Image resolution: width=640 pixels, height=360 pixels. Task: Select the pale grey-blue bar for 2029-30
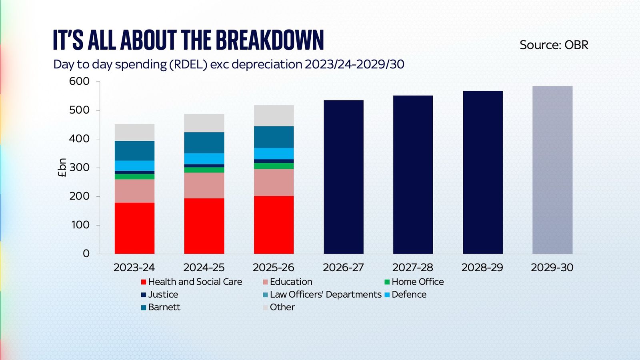pyautogui.click(x=552, y=170)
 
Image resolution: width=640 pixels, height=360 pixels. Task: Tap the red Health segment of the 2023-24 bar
pyautogui.click(x=134, y=228)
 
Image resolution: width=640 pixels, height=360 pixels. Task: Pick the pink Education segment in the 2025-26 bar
pyautogui.click(x=274, y=182)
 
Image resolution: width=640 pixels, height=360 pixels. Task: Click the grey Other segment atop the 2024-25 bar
pyautogui.click(x=204, y=123)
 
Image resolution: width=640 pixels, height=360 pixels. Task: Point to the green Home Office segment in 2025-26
pyautogui.click(x=274, y=166)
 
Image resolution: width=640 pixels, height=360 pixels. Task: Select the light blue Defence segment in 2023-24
pyautogui.click(x=134, y=166)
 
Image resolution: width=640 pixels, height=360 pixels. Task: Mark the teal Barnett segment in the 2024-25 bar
pyautogui.click(x=204, y=143)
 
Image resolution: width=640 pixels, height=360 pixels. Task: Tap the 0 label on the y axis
pyautogui.click(x=86, y=254)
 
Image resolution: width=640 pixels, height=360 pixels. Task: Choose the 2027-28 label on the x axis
pyautogui.click(x=413, y=267)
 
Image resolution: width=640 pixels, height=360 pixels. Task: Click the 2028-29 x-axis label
pyautogui.click(x=482, y=267)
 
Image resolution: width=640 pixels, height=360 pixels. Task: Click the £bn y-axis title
pyautogui.click(x=62, y=168)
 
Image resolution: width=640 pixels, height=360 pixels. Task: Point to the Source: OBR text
pyautogui.click(x=554, y=45)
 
